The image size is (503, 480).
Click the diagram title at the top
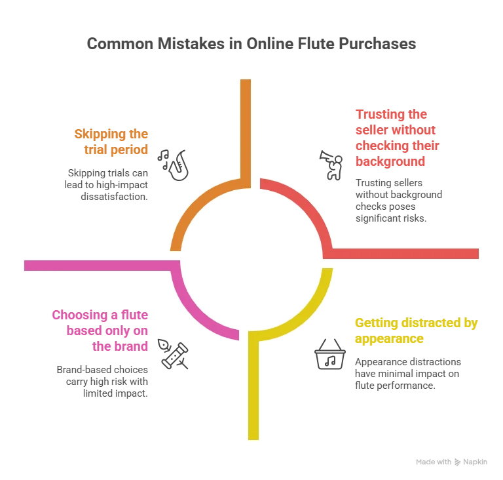tap(251, 45)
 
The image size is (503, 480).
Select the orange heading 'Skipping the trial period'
tap(113, 142)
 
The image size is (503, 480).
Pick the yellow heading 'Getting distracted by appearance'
tap(416, 331)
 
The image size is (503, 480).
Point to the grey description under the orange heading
tap(111, 186)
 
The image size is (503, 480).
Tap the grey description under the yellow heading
tap(407, 374)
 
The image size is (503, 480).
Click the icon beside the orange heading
tap(175, 165)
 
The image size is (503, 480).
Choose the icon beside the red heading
tap(330, 165)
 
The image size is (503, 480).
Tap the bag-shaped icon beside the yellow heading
tap(330, 355)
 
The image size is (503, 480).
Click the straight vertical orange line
tap(246, 125)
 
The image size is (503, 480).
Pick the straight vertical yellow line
tap(253, 393)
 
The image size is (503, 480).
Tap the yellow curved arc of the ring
tap(308, 315)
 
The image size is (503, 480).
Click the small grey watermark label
tap(450, 462)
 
